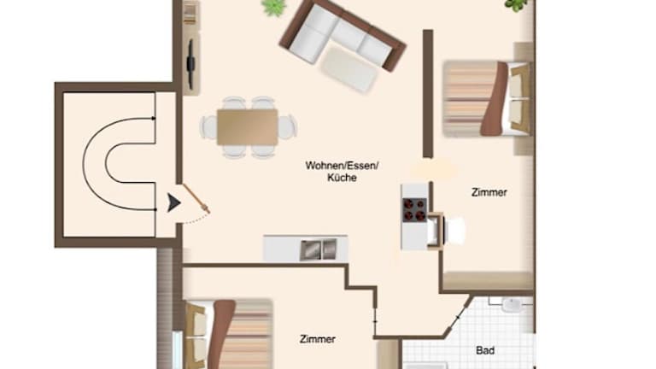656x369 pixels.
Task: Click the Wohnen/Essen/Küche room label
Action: pos(342,172)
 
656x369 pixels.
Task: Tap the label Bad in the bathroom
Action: pos(485,350)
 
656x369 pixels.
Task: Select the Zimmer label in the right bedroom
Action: pos(489,192)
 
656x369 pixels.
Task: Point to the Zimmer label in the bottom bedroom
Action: pos(317,339)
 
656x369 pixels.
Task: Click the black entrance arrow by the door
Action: pos(173,203)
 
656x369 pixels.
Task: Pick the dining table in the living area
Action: pos(247,127)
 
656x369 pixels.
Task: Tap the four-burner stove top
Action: pos(414,209)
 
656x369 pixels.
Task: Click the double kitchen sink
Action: pos(319,249)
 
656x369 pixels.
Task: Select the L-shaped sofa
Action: pos(343,37)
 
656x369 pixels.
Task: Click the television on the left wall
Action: pos(190,64)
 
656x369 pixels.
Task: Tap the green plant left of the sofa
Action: pos(274,8)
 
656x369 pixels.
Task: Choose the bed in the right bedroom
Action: pos(488,99)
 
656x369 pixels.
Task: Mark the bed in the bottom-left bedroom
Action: pos(228,334)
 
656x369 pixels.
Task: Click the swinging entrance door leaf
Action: pos(196,199)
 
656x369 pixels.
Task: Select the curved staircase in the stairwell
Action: pos(120,164)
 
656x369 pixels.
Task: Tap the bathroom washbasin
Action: pos(512,305)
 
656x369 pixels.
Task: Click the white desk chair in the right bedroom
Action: pos(455,231)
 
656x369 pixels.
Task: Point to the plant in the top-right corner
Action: pos(518,5)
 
